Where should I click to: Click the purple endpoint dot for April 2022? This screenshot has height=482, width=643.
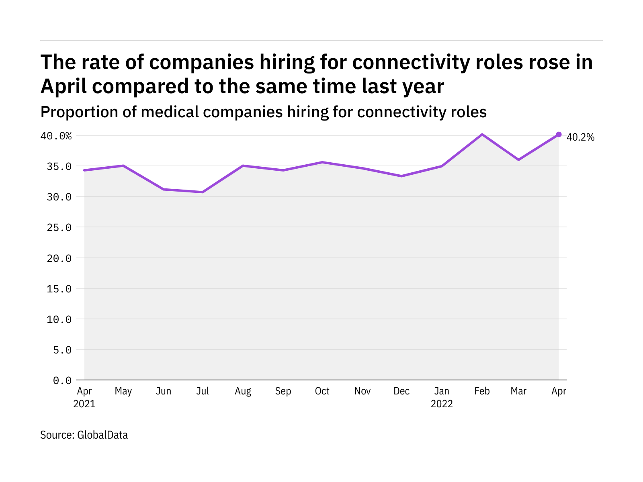pyautogui.click(x=559, y=135)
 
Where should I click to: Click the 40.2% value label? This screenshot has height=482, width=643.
pyautogui.click(x=580, y=137)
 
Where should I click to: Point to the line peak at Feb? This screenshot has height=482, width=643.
pyautogui.click(x=482, y=135)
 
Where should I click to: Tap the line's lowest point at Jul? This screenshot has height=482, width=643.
pyautogui.click(x=203, y=192)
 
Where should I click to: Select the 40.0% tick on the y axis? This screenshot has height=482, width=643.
pyautogui.click(x=56, y=136)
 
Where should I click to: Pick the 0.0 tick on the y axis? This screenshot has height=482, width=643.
pyautogui.click(x=62, y=380)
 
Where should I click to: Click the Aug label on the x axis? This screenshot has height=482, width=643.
pyautogui.click(x=243, y=391)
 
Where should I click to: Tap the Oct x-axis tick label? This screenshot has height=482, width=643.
pyautogui.click(x=322, y=391)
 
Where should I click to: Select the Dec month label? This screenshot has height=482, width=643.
pyautogui.click(x=401, y=391)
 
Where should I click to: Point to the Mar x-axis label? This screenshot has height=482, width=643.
pyautogui.click(x=518, y=391)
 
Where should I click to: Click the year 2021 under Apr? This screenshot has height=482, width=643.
pyautogui.click(x=84, y=404)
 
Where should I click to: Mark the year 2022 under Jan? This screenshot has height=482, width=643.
pyautogui.click(x=442, y=404)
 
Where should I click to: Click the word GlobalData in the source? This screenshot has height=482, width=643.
pyautogui.click(x=102, y=435)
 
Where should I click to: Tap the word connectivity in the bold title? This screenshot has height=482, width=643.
pyautogui.click(x=405, y=62)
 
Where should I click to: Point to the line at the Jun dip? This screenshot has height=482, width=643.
pyautogui.click(x=164, y=189)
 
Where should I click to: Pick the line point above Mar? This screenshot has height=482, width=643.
pyautogui.click(x=518, y=160)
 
